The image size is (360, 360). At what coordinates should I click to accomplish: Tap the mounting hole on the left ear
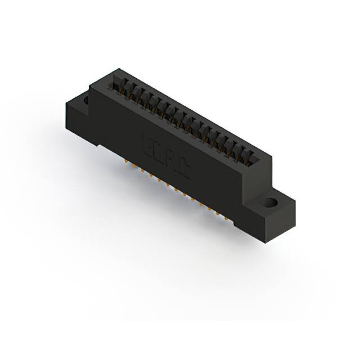(x=86, y=101)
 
